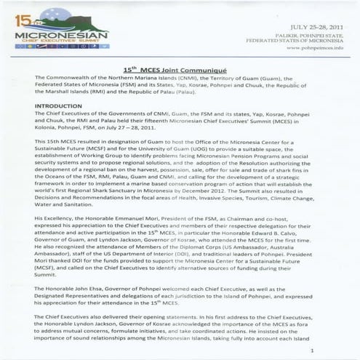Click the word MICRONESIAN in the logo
click(57, 33)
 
